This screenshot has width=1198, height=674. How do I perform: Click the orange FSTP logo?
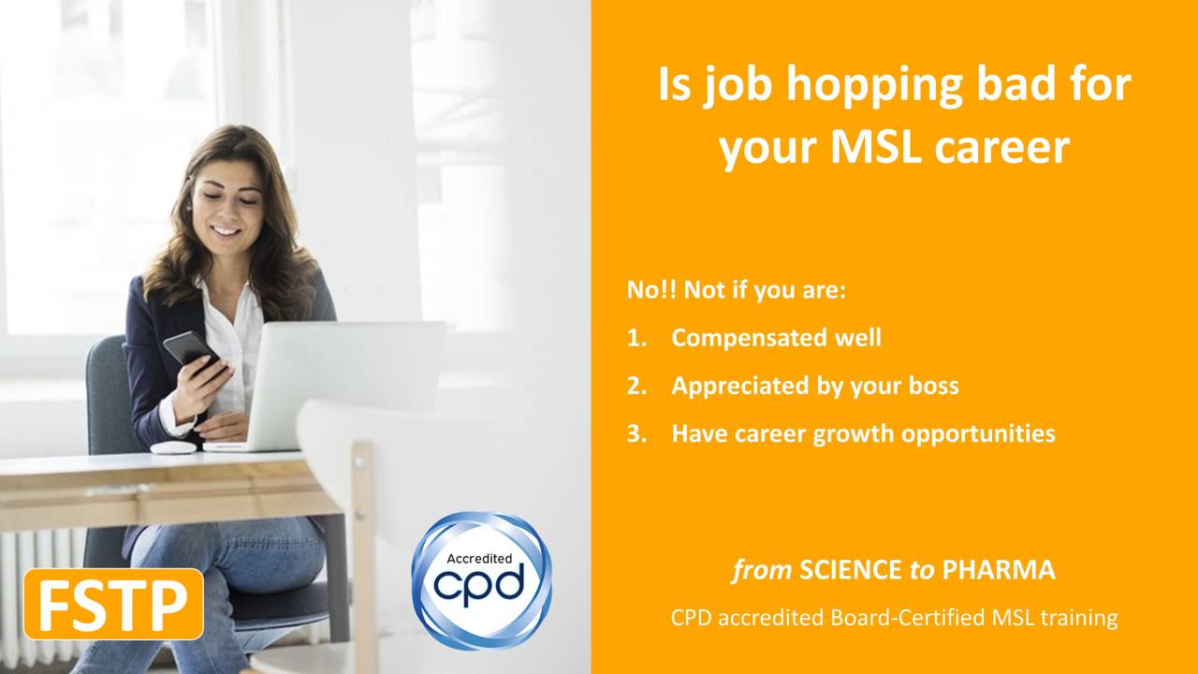click(x=113, y=605)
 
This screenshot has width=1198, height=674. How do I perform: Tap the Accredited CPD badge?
click(x=481, y=580)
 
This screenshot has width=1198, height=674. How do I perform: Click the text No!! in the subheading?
click(x=650, y=290)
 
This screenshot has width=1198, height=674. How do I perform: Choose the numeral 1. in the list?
click(x=636, y=338)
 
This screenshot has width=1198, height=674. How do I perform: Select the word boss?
click(x=928, y=386)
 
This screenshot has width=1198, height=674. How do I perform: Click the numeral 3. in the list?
click(x=636, y=434)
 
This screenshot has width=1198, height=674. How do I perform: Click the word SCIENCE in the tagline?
click(x=851, y=570)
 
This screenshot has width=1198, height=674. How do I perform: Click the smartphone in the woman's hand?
click(x=190, y=349)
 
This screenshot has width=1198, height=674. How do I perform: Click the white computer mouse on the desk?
click(x=173, y=447)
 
